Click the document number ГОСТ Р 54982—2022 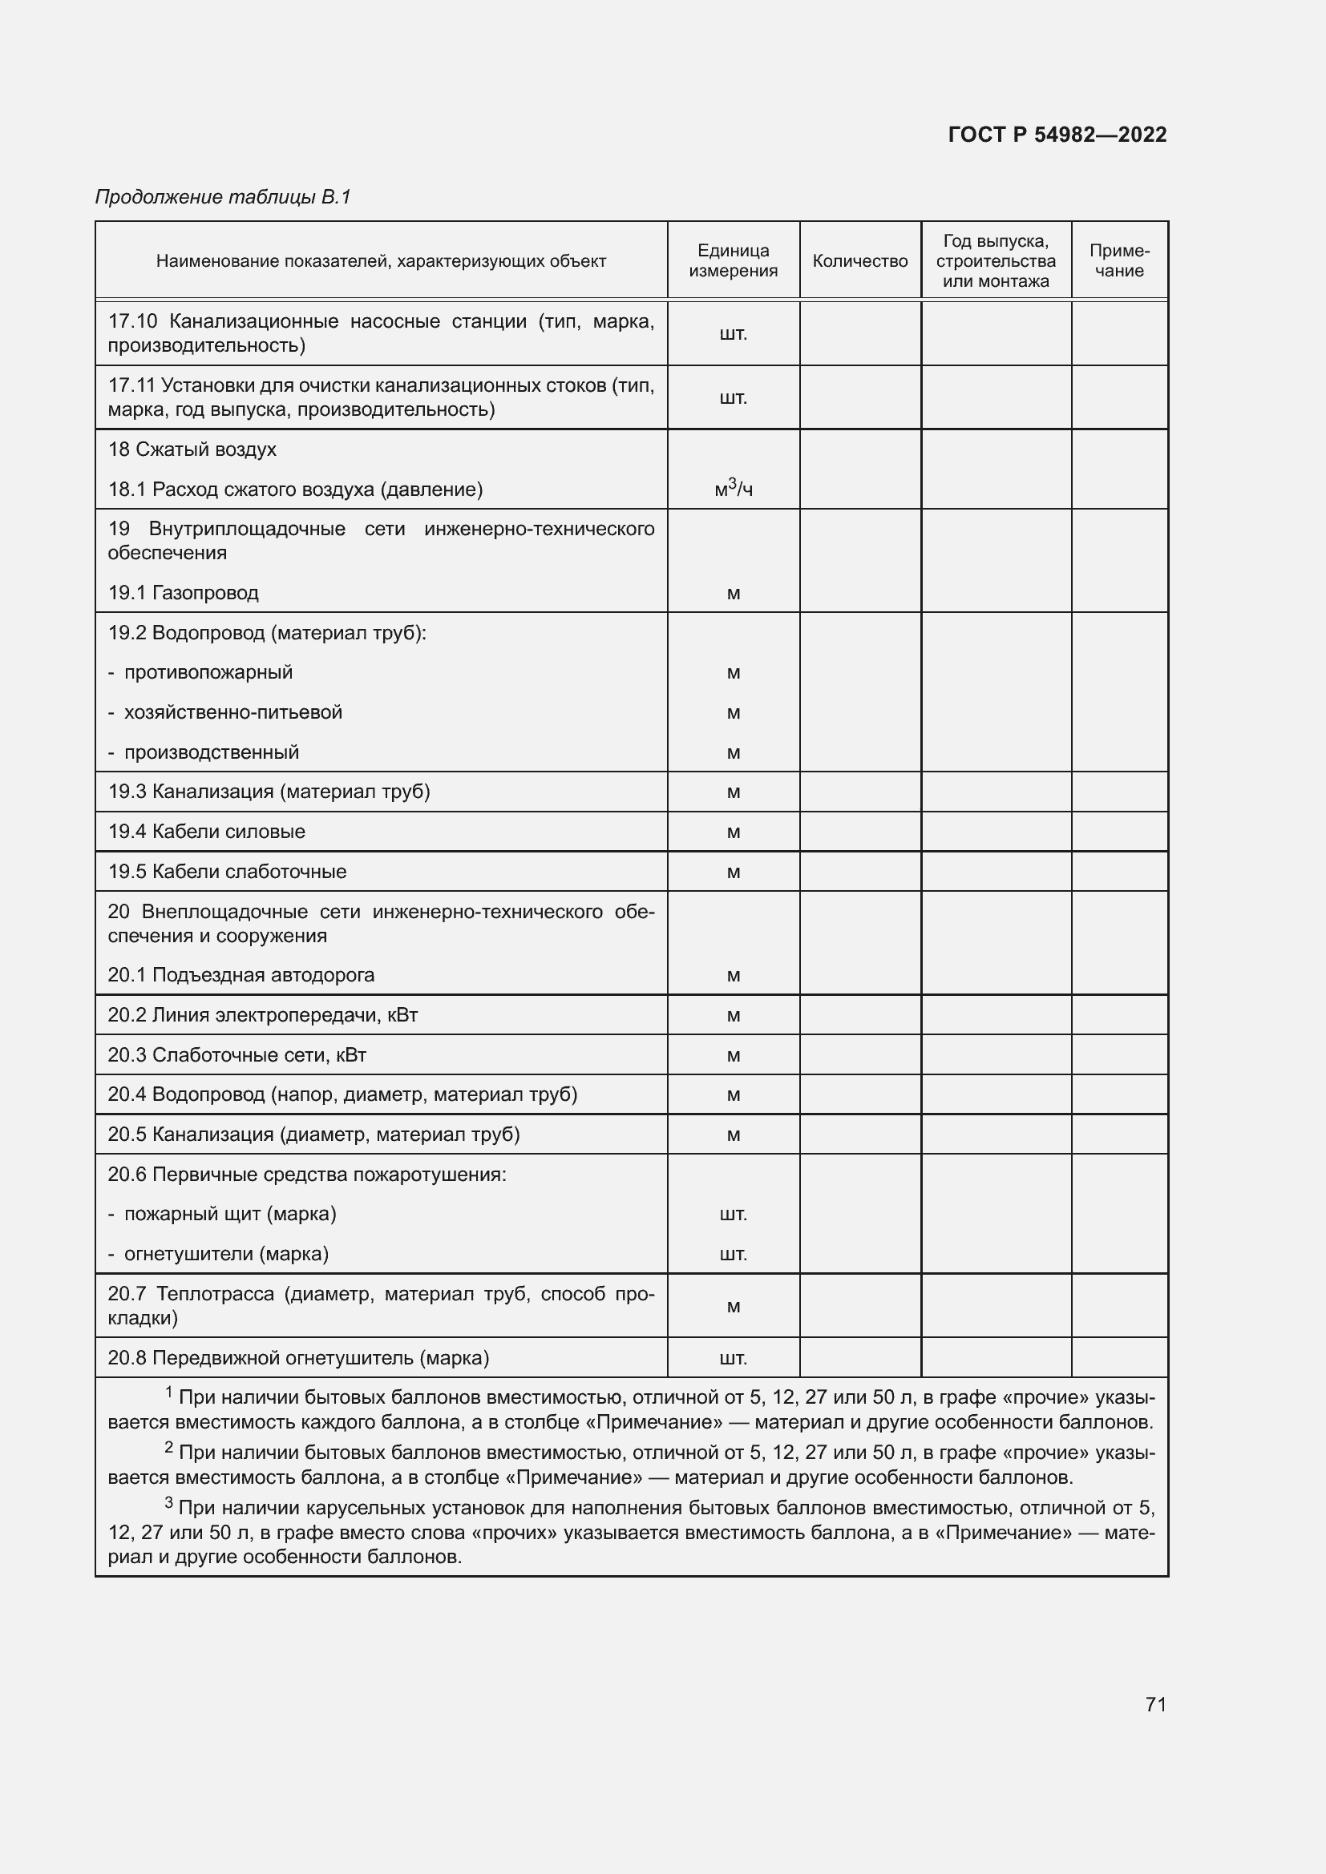pyautogui.click(x=1057, y=135)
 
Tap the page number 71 pyautogui.click(x=1155, y=1704)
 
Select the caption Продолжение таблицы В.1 pyautogui.click(x=223, y=197)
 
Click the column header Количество pyautogui.click(x=859, y=261)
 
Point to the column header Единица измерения pyautogui.click(x=734, y=261)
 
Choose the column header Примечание pyautogui.click(x=1119, y=261)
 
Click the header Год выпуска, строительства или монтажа pyautogui.click(x=996, y=261)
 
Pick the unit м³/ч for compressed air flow pyautogui.click(x=734, y=489)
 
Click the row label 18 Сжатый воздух pyautogui.click(x=192, y=449)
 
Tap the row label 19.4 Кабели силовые pyautogui.click(x=207, y=832)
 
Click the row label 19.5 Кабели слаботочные pyautogui.click(x=227, y=872)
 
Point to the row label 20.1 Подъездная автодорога pyautogui.click(x=241, y=975)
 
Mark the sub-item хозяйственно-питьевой pyautogui.click(x=232, y=712)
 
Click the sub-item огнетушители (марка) pyautogui.click(x=226, y=1254)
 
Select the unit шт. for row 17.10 pyautogui.click(x=734, y=334)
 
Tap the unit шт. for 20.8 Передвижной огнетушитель pyautogui.click(x=734, y=1358)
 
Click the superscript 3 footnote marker pyautogui.click(x=169, y=1502)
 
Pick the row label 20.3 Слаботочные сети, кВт pyautogui.click(x=236, y=1055)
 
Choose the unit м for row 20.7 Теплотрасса pyautogui.click(x=734, y=1307)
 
